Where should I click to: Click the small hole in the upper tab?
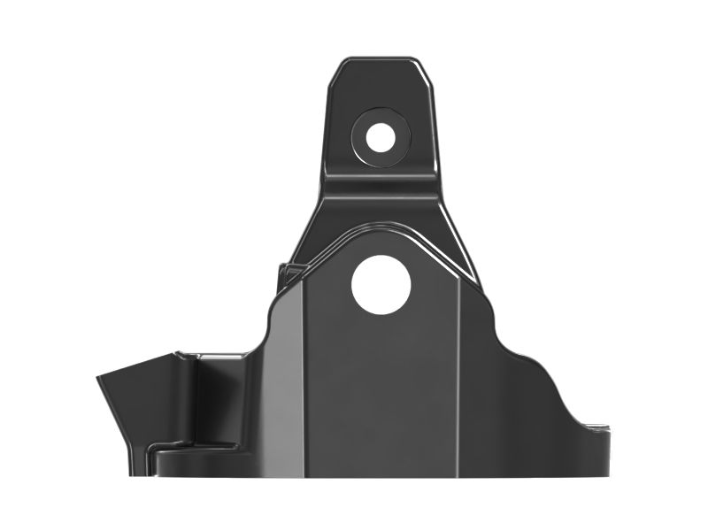click(381, 136)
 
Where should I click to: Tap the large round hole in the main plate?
click(381, 283)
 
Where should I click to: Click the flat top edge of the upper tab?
click(381, 60)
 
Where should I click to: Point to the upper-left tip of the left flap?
click(98, 376)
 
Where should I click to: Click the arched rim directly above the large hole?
click(381, 227)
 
